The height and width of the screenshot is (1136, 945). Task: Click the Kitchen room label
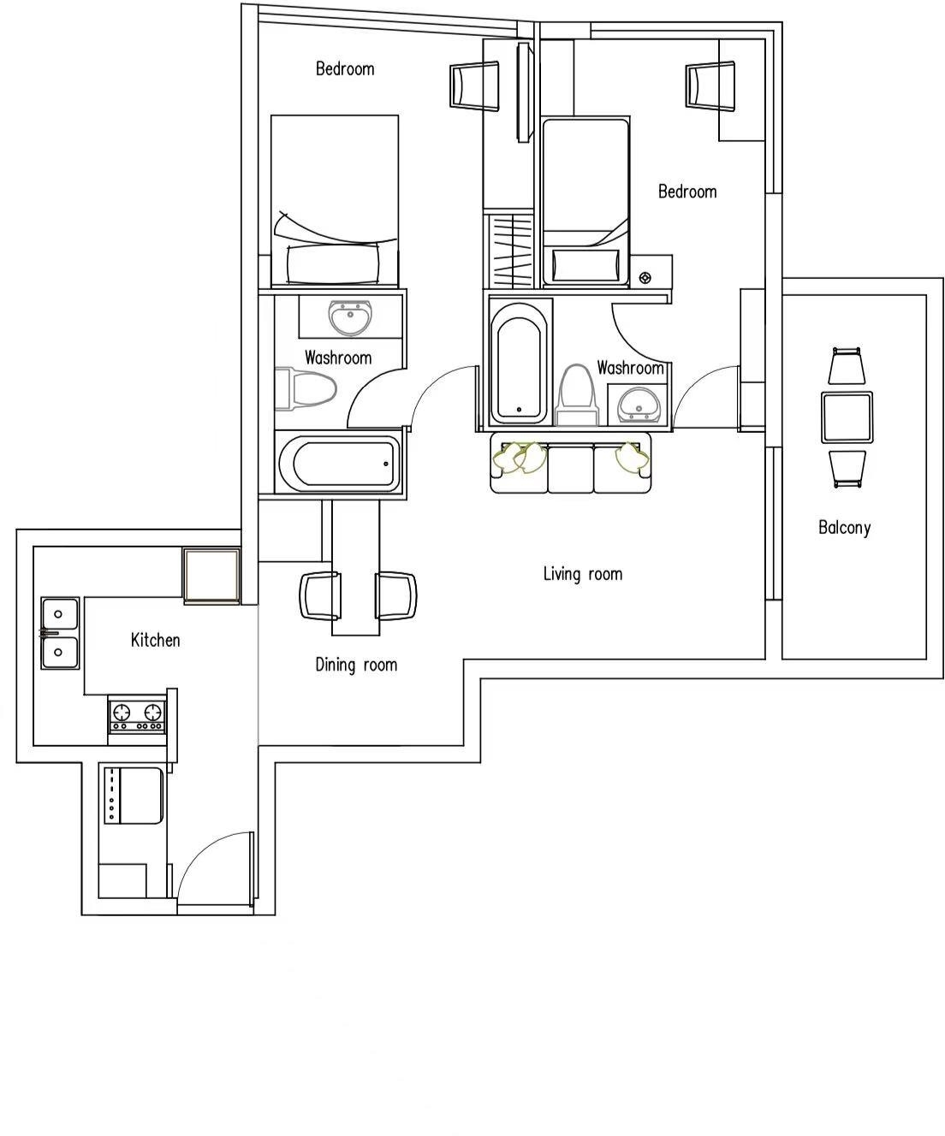click(x=155, y=640)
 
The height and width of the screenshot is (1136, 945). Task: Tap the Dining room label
click(x=356, y=665)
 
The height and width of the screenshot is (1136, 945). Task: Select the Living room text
click(x=582, y=574)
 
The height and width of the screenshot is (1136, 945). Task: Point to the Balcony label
click(x=844, y=527)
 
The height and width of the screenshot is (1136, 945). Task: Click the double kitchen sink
click(x=60, y=633)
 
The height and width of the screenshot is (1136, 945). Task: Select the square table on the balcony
click(x=847, y=417)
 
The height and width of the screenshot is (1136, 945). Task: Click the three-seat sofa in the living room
click(x=570, y=463)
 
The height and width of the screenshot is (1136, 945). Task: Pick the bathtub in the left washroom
click(x=341, y=464)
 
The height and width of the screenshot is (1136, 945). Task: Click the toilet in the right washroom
click(x=576, y=394)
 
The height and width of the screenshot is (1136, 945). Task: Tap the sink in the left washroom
click(x=350, y=317)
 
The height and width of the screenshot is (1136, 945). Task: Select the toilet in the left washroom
click(x=305, y=388)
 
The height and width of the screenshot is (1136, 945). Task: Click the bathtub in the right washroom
click(x=519, y=364)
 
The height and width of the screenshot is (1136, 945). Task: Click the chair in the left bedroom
click(x=474, y=86)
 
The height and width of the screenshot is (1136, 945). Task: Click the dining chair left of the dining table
click(x=321, y=595)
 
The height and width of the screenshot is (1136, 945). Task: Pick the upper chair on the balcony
click(x=846, y=365)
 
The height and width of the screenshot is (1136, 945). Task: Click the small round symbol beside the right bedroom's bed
click(x=645, y=278)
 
